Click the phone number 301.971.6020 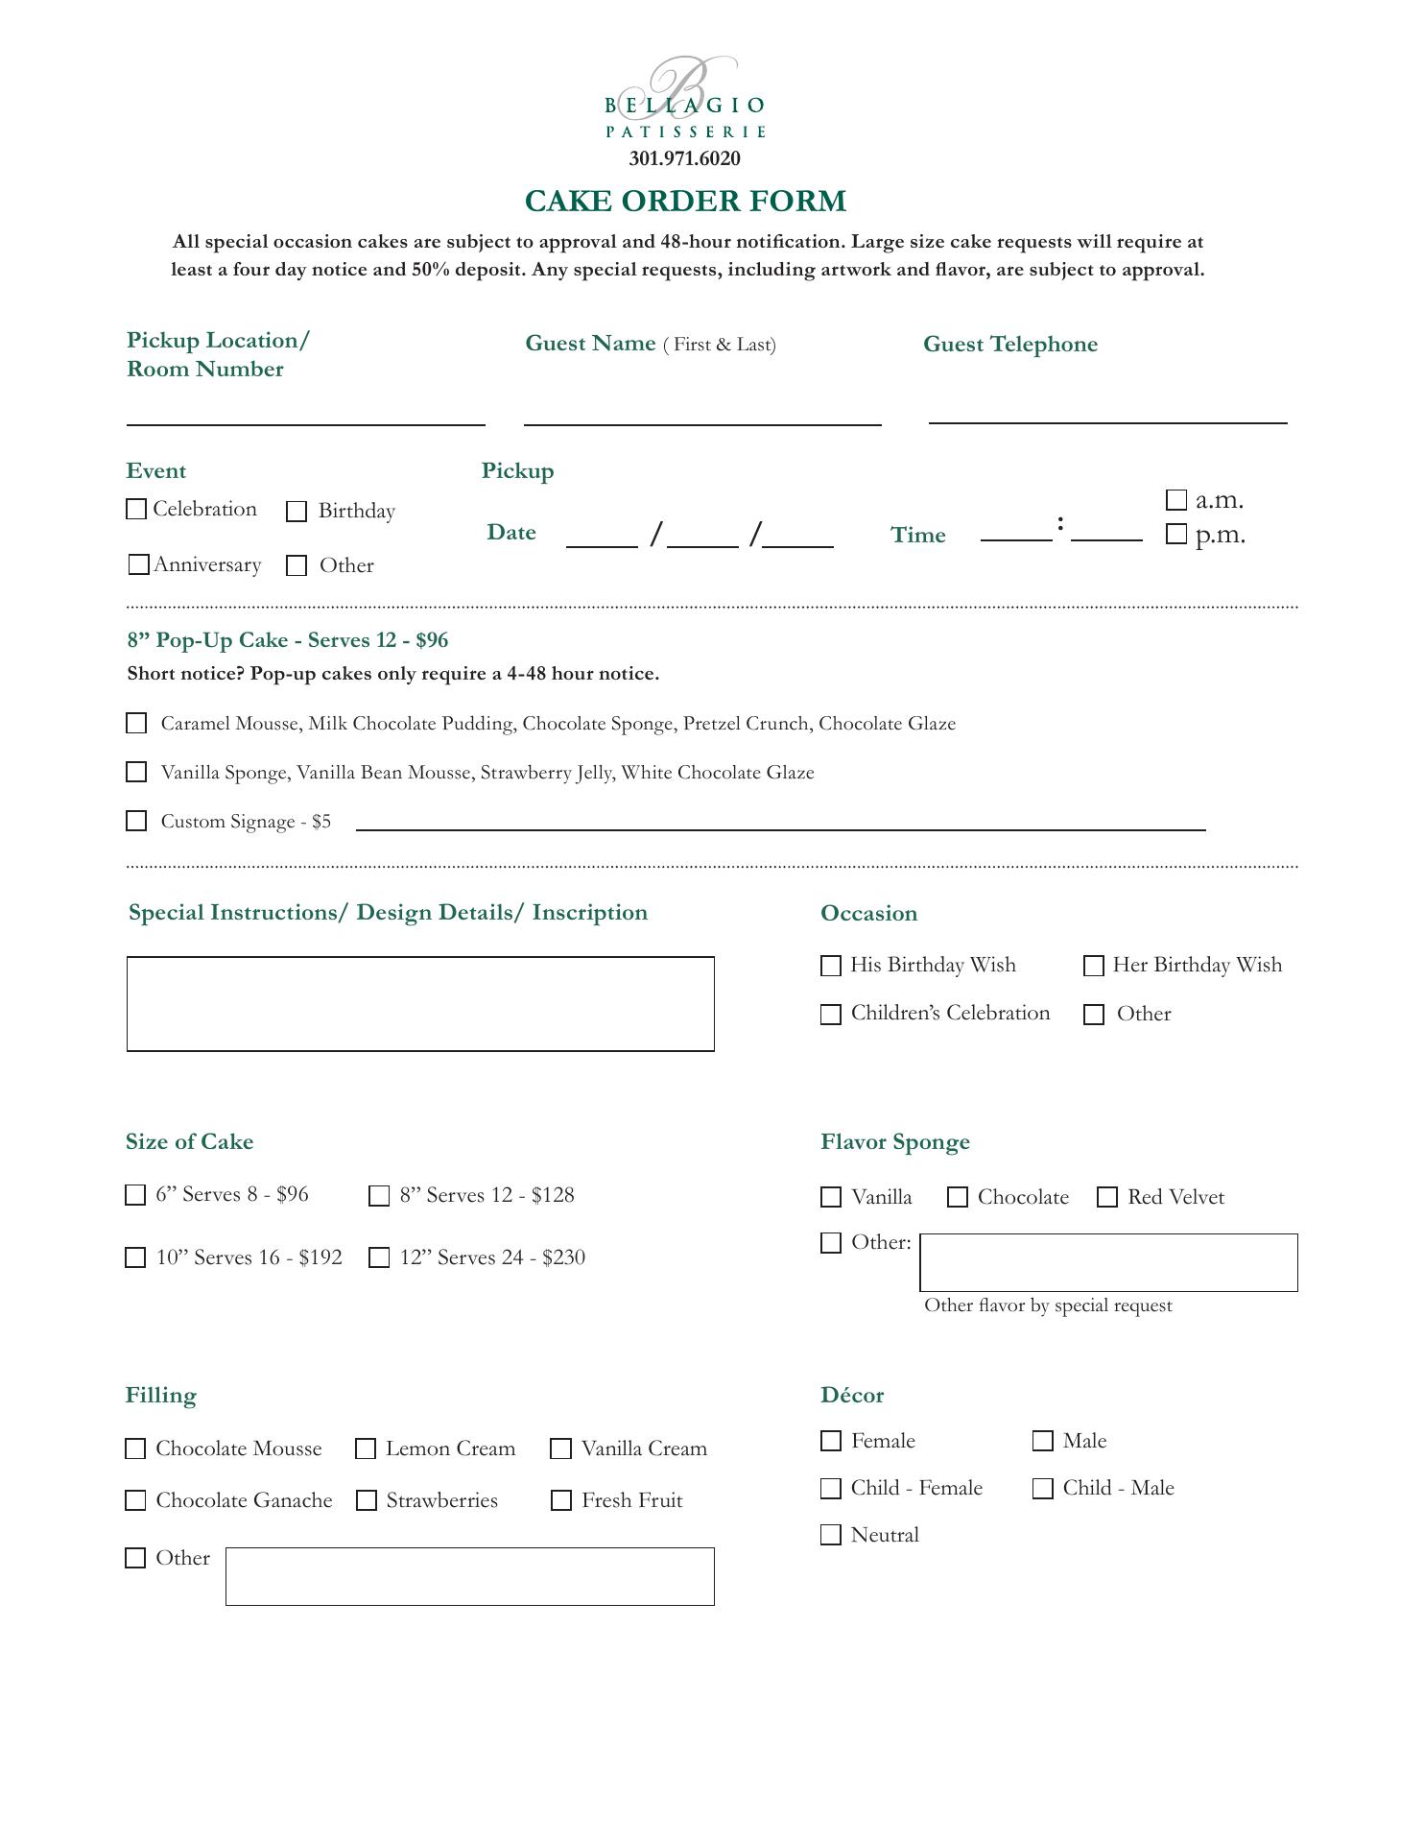coord(684,158)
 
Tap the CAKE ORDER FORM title coord(685,202)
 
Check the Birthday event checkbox coord(297,512)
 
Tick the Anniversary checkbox coord(138,564)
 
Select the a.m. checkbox coord(1176,500)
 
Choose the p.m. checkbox coord(1176,535)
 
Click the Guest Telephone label coord(1009,345)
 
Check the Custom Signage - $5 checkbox coord(136,821)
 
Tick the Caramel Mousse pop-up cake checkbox coord(136,723)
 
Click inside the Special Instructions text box coord(420,1004)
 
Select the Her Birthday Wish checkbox coord(1094,966)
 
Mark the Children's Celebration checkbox coord(831,1015)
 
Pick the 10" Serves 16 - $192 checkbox coord(135,1257)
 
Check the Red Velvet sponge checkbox coord(1107,1197)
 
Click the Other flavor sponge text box coord(1108,1262)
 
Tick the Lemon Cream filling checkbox coord(366,1448)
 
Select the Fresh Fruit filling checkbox coord(561,1500)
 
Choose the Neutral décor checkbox coord(831,1535)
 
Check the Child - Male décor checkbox coord(1043,1488)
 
